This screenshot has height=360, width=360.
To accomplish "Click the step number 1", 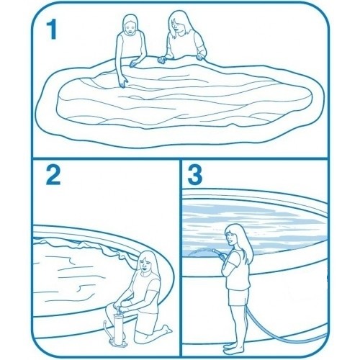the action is pyautogui.click(x=52, y=30).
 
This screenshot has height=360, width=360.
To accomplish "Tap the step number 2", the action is pyautogui.click(x=53, y=175).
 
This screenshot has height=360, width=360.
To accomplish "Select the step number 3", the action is pyautogui.click(x=195, y=175).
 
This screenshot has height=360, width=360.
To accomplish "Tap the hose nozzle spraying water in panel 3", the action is pyautogui.click(x=215, y=251).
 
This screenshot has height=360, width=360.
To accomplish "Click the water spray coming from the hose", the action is pyautogui.click(x=199, y=251).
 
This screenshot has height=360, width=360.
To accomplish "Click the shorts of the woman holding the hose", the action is pyautogui.click(x=238, y=297).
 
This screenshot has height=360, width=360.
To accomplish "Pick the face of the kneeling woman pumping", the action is pyautogui.click(x=145, y=264).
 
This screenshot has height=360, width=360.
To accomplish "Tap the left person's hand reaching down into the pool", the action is pyautogui.click(x=124, y=83).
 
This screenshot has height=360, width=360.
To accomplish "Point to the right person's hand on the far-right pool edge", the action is pyautogui.click(x=200, y=56).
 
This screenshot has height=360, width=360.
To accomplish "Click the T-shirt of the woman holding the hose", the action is pyautogui.click(x=235, y=269).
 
